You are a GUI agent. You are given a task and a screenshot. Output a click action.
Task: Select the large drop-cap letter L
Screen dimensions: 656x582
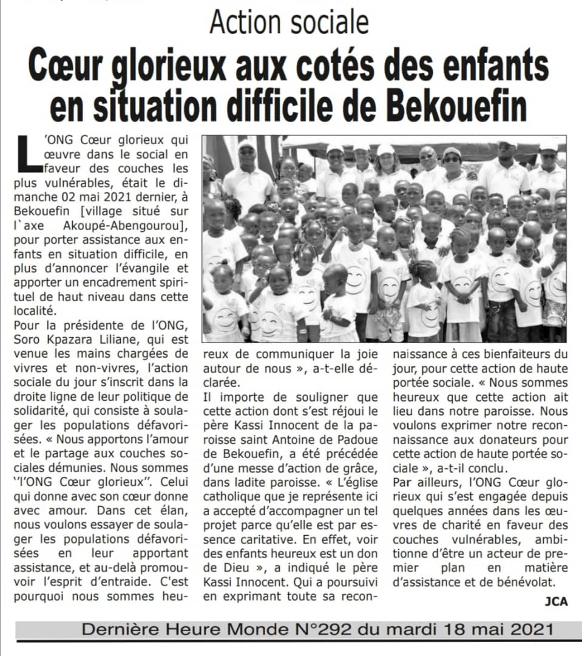click(30, 151)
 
